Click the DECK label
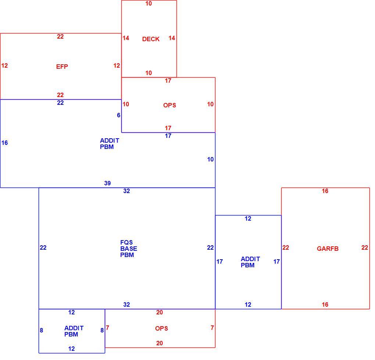[151, 39]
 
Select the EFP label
[62, 67]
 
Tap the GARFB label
[328, 249]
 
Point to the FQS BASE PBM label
[129, 249]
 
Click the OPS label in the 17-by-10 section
[169, 105]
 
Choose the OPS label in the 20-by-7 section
[161, 328]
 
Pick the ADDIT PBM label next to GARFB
[250, 262]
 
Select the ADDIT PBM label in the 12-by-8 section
[74, 331]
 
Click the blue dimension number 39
[107, 183]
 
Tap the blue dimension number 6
[119, 115]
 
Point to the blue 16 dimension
[4, 143]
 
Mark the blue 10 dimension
[210, 159]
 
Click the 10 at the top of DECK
[149, 4]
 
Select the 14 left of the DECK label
[126, 38]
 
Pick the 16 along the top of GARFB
[325, 191]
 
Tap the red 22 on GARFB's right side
[365, 247]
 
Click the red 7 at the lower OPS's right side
[212, 328]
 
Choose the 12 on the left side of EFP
[4, 65]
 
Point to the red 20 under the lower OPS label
[160, 343]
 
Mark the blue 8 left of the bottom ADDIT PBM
[42, 330]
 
